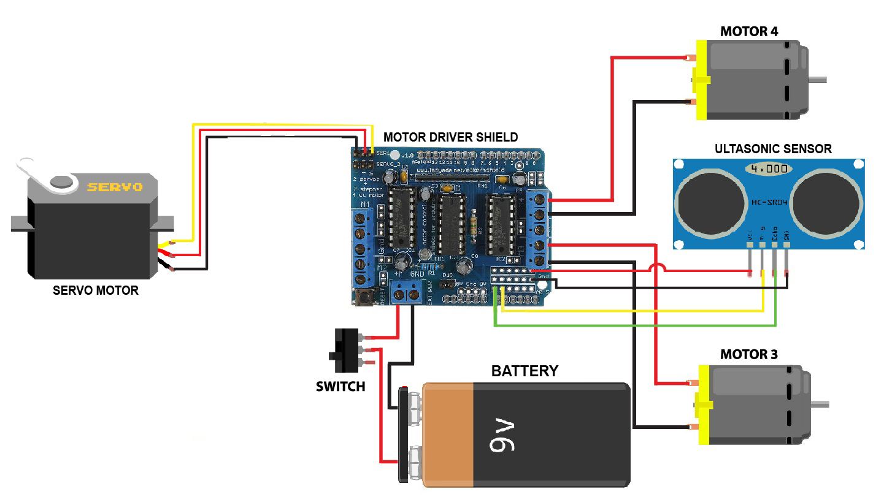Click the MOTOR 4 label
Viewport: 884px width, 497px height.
coord(749,31)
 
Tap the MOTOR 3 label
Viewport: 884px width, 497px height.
coord(749,354)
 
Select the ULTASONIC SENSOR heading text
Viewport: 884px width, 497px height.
coord(773,148)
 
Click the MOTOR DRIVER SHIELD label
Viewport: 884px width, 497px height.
coord(450,137)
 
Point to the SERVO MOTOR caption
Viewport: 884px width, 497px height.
coord(95,290)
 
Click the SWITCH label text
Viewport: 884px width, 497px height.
coord(340,387)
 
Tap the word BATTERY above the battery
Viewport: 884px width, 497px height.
coord(525,371)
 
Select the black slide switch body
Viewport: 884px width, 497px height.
coord(344,351)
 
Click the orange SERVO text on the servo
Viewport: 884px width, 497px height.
coord(115,186)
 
